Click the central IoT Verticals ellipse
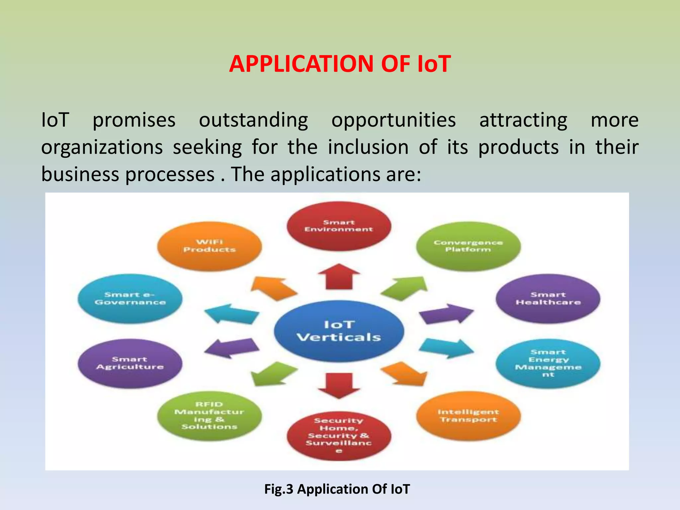tap(339, 331)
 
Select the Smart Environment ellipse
tap(339, 226)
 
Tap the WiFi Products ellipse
tap(210, 246)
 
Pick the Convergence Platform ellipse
tap(468, 246)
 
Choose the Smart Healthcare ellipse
tap(548, 298)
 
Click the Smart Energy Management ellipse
tap(548, 363)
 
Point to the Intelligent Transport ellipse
tap(468, 416)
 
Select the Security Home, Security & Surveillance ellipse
tap(339, 435)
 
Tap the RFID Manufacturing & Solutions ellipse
tap(210, 416)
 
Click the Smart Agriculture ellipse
tap(130, 363)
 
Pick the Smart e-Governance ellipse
tap(130, 298)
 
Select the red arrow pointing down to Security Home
tap(339, 385)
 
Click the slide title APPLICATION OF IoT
tap(340, 64)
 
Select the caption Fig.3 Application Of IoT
tap(337, 489)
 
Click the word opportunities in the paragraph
tap(393, 120)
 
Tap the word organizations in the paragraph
tap(102, 147)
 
